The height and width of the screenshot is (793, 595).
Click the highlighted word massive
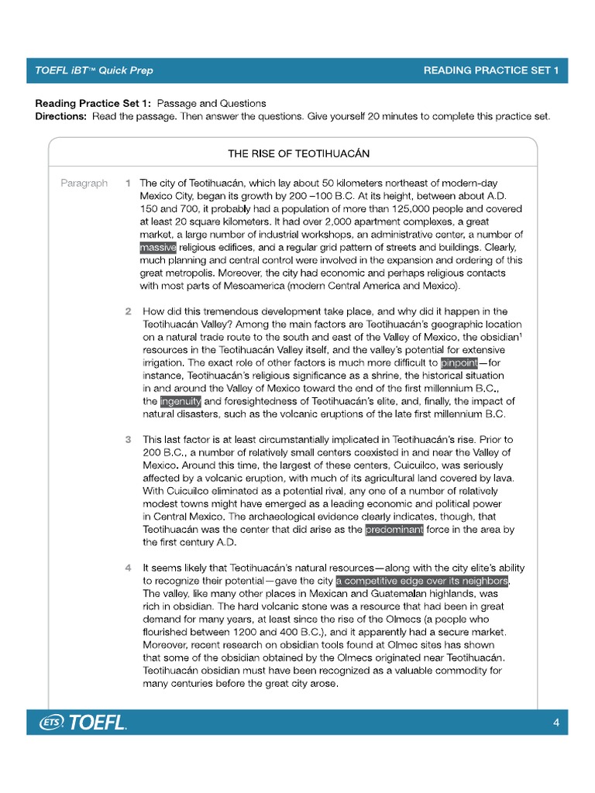click(x=158, y=248)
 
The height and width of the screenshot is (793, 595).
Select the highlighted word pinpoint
click(x=459, y=362)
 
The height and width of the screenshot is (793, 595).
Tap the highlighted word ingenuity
click(x=181, y=401)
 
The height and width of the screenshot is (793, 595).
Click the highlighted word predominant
click(x=394, y=530)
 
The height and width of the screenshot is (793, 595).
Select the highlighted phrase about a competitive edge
click(x=422, y=581)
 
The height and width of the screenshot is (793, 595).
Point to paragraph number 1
click(x=127, y=184)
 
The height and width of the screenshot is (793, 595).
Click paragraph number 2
click(x=128, y=311)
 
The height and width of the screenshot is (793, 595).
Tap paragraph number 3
click(x=128, y=440)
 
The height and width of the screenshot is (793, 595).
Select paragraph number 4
click(x=128, y=568)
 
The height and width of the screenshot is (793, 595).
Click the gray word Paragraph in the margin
click(x=84, y=184)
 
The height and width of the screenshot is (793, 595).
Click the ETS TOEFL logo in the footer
click(x=83, y=723)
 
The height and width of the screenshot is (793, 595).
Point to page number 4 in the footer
click(x=556, y=723)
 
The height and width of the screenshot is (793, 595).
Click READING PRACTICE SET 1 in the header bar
click(x=490, y=70)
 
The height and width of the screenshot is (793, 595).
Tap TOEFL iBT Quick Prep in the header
click(x=94, y=70)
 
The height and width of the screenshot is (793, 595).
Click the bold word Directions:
click(x=61, y=116)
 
